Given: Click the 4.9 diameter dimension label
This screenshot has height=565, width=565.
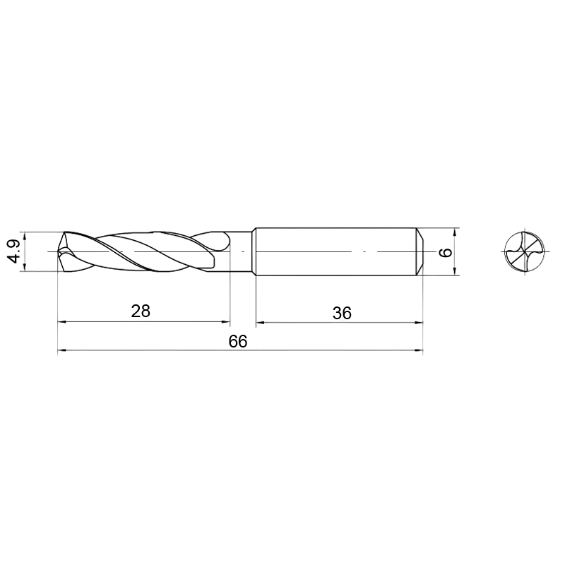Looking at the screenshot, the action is point(15,251).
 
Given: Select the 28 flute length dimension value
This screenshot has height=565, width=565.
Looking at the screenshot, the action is point(141,311).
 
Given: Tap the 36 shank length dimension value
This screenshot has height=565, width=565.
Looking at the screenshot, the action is point(342,313).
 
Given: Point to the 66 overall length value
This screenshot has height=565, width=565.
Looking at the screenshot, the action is point(238,341).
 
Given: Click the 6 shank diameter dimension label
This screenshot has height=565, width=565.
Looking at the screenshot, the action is point(446,252).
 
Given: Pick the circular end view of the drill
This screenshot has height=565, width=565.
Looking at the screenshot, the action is point(525,251).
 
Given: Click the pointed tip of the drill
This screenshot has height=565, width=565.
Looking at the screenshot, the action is point(59,251).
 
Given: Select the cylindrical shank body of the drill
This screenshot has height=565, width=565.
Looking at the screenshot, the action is point(336,251).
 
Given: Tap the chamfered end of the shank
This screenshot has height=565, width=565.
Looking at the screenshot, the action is point(420,251).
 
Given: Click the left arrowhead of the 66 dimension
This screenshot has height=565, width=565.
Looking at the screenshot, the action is point(62,350).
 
